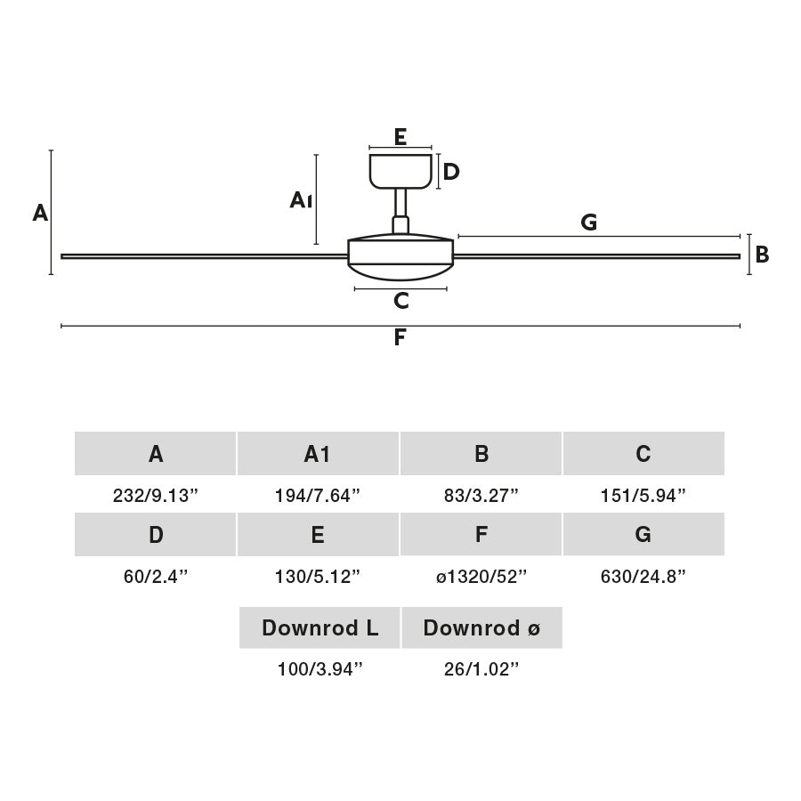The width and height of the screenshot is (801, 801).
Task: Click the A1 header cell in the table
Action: click(318, 454)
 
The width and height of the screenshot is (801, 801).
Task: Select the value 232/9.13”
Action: click(156, 496)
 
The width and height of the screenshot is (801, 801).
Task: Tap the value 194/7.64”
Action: click(318, 496)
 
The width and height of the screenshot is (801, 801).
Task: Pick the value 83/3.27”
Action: click(481, 496)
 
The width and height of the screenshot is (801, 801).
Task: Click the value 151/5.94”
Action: click(643, 496)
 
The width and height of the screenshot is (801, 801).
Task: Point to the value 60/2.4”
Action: click(156, 577)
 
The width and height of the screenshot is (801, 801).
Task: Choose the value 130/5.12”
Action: click(318, 577)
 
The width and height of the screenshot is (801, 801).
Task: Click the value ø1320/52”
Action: click(481, 577)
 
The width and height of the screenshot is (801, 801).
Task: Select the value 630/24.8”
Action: click(643, 577)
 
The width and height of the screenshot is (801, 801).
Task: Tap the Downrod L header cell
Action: click(320, 628)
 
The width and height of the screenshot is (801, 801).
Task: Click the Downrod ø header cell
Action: click(481, 628)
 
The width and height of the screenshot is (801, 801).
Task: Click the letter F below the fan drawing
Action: click(400, 338)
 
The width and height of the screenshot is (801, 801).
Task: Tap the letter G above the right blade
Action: click(588, 222)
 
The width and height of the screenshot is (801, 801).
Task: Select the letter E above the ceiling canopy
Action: click(400, 137)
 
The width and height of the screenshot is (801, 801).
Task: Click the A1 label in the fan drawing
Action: click(300, 200)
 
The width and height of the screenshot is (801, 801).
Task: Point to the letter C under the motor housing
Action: click(401, 301)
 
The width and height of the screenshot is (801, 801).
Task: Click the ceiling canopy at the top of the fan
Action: click(400, 171)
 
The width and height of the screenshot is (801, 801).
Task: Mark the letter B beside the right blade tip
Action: click(762, 255)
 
